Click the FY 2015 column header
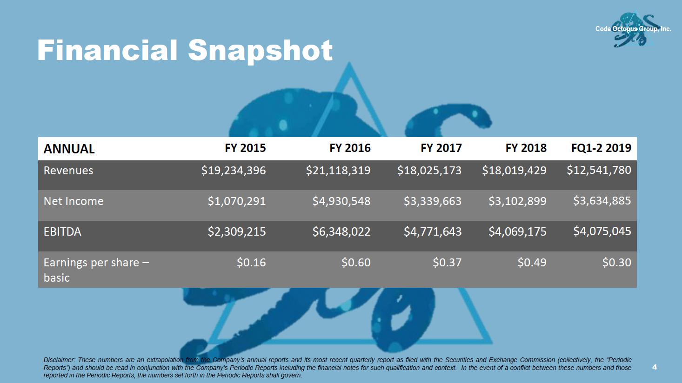[245, 148]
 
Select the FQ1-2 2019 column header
[601, 148]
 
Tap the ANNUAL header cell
[69, 149]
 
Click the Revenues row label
[68, 171]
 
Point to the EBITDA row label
[62, 231]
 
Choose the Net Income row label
[74, 201]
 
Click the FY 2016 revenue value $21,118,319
[338, 171]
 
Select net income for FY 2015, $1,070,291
[237, 201]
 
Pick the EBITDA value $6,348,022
[341, 231]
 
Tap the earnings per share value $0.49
[532, 263]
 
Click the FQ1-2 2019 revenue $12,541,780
[599, 170]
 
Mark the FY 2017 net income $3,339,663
[432, 201]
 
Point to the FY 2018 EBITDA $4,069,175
[517, 231]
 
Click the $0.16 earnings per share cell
[251, 263]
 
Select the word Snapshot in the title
[261, 50]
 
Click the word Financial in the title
[107, 50]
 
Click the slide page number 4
[655, 367]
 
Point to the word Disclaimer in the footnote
[59, 360]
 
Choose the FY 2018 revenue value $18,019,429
[514, 171]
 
